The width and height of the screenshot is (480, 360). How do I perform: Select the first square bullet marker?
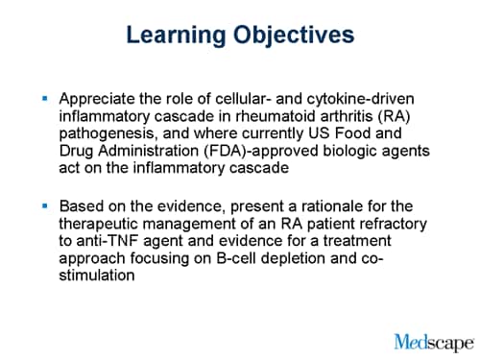pyautogui.click(x=44, y=98)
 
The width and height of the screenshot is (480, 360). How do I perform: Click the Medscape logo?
pyautogui.click(x=433, y=340)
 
